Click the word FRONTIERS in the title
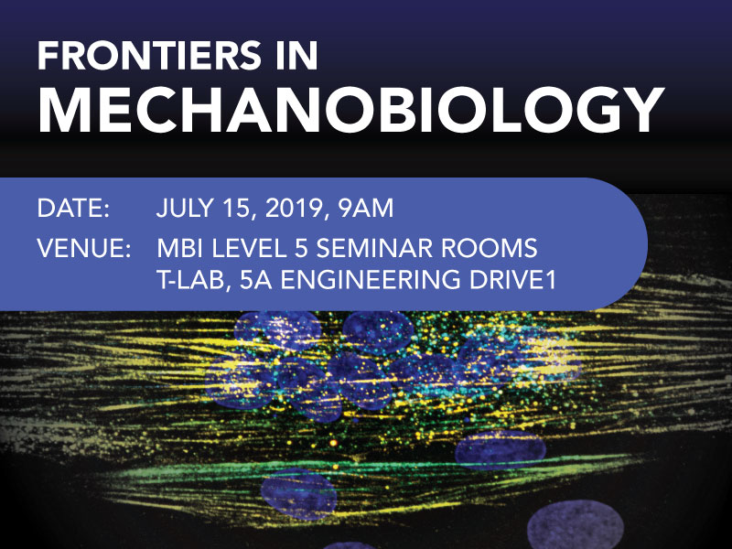pyautogui.click(x=149, y=55)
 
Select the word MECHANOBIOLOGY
pyautogui.click(x=350, y=110)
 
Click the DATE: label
pyautogui.click(x=73, y=209)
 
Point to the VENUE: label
pyautogui.click(x=84, y=248)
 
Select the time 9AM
pyautogui.click(x=367, y=209)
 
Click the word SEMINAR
pyautogui.click(x=373, y=248)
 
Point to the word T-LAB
pyautogui.click(x=190, y=281)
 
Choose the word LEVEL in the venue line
pyautogui.click(x=248, y=248)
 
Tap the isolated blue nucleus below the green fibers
pyautogui.click(x=299, y=494)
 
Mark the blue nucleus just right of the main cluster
pyautogui.click(x=501, y=449)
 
